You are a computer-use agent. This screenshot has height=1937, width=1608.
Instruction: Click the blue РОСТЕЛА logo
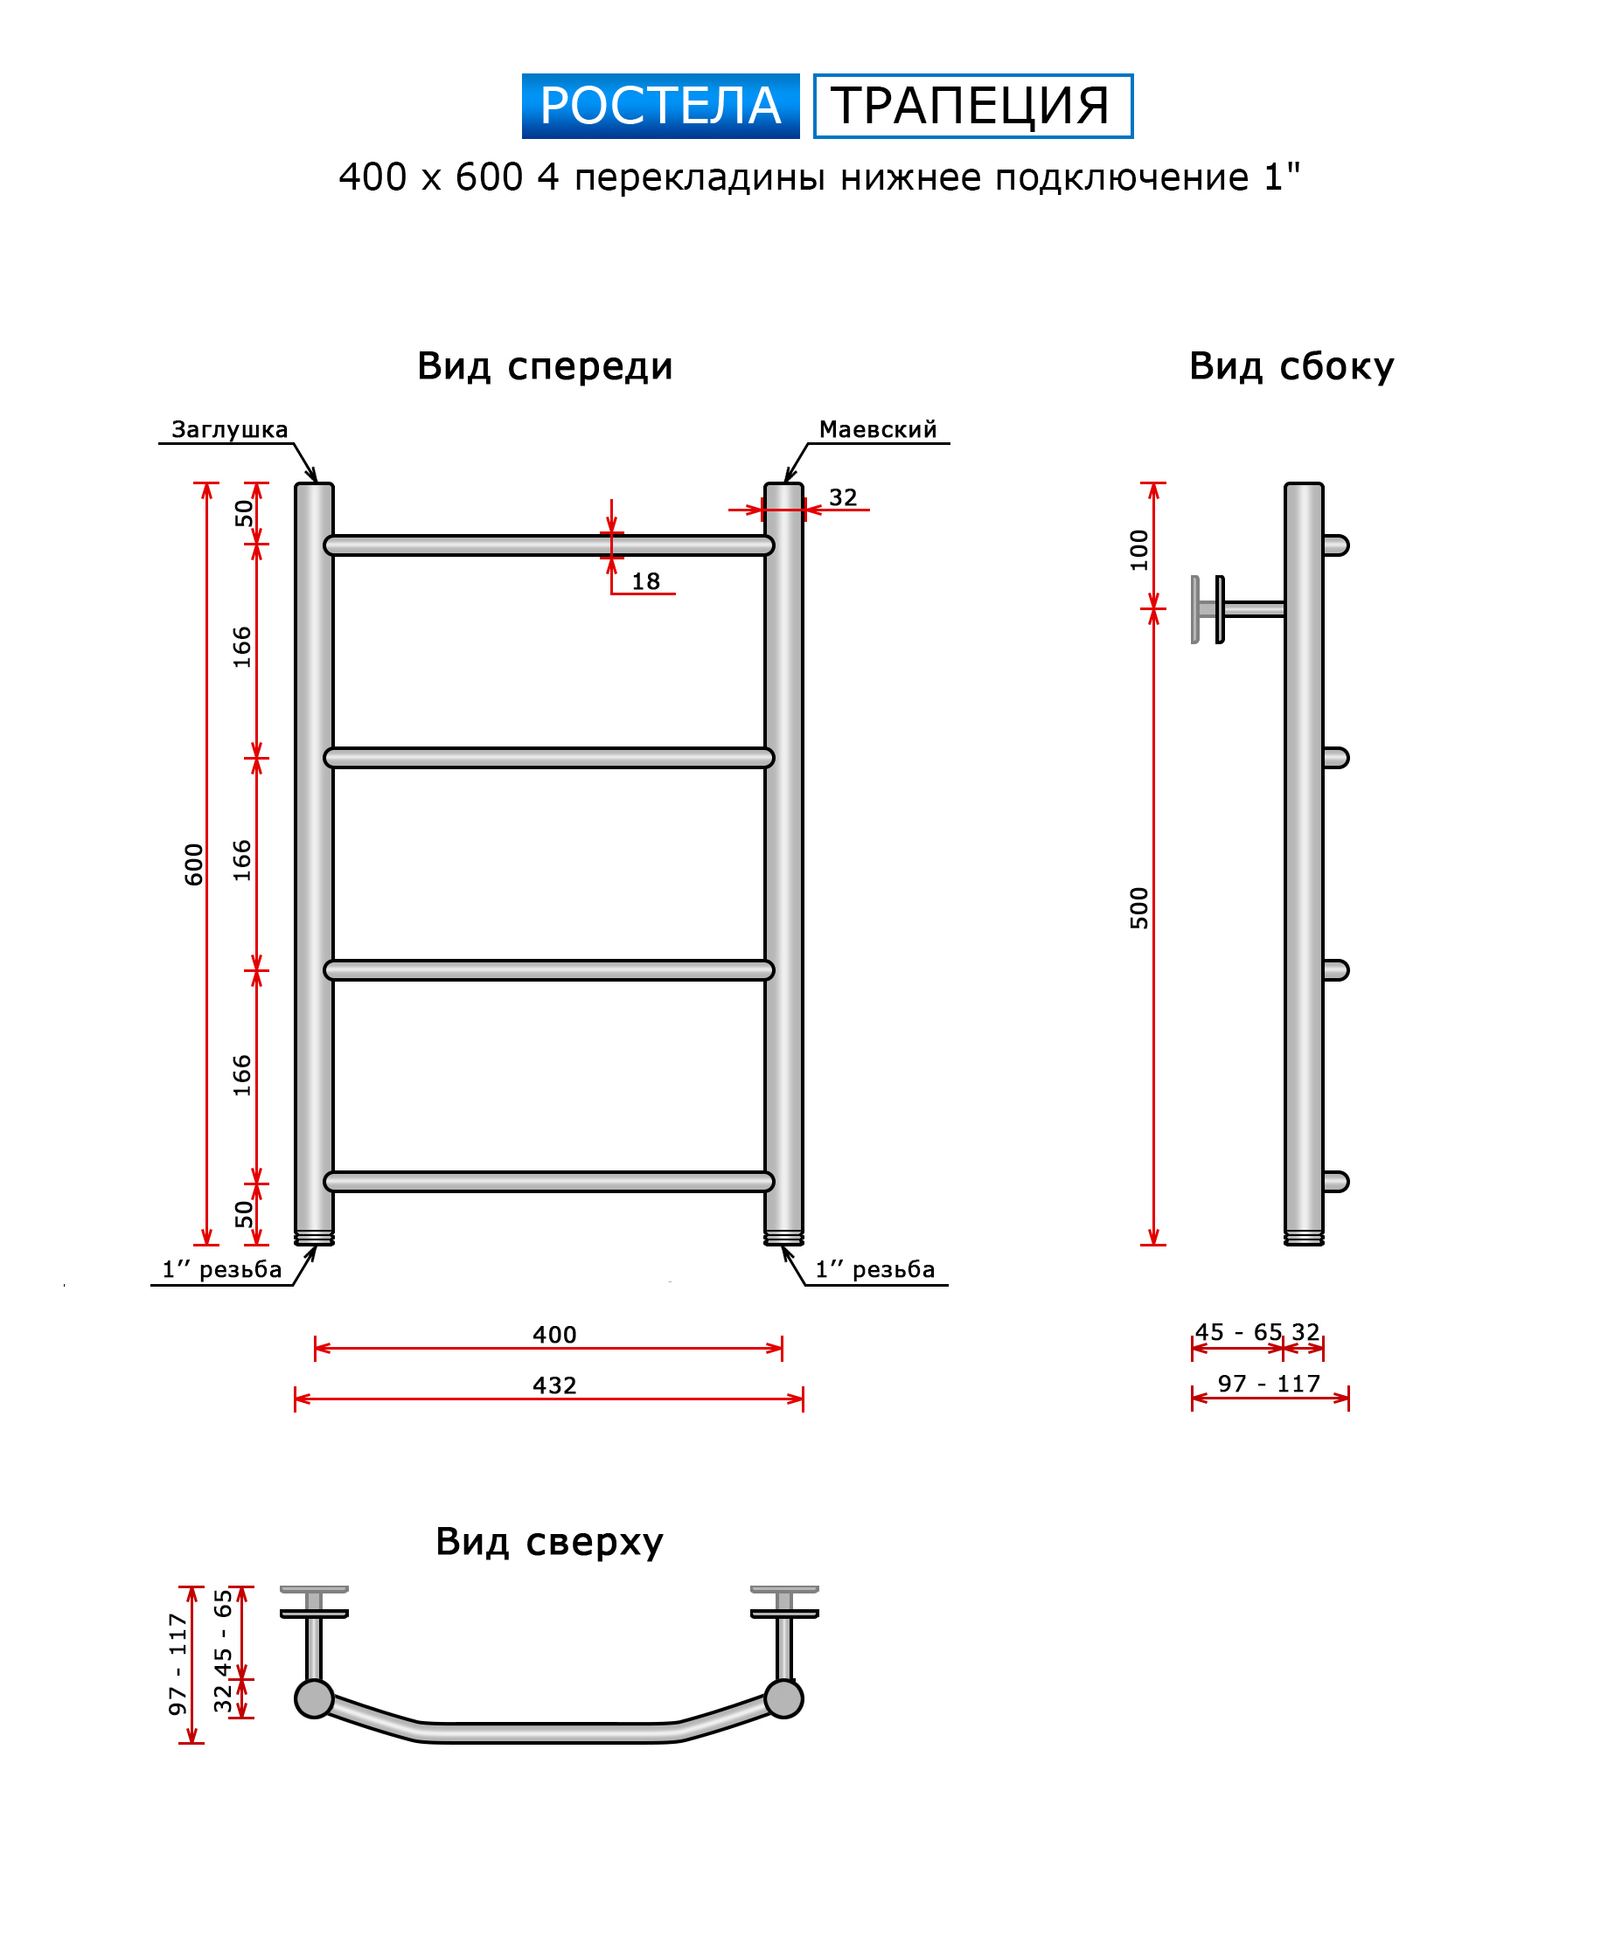click(659, 106)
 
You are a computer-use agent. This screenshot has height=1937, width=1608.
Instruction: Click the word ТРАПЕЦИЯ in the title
click(971, 106)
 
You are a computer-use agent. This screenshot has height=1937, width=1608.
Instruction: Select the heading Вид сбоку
click(1291, 366)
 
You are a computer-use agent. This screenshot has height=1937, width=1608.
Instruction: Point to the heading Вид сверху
click(549, 1540)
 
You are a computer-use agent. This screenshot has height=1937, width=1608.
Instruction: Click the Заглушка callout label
click(230, 430)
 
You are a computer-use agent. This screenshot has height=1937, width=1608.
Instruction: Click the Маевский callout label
click(877, 429)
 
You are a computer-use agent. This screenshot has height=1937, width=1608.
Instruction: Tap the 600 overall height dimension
click(194, 864)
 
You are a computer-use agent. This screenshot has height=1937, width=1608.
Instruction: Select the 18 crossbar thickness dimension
click(646, 581)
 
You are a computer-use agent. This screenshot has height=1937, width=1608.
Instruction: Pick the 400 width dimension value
click(554, 1335)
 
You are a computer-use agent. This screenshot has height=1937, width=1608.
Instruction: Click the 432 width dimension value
click(554, 1385)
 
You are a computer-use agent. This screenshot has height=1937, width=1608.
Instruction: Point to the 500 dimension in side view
click(1139, 907)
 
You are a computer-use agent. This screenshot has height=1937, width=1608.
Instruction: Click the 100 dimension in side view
click(1139, 550)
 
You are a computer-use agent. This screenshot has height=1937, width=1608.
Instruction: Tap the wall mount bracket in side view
click(1237, 608)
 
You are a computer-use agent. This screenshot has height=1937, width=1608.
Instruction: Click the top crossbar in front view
click(549, 545)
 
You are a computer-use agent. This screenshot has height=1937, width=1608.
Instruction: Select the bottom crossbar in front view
click(549, 1182)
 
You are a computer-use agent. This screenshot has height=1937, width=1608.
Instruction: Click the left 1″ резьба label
click(222, 1270)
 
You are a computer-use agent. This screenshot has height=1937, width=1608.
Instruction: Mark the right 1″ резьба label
click(874, 1270)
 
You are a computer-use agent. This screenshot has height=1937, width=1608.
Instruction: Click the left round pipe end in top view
click(314, 1698)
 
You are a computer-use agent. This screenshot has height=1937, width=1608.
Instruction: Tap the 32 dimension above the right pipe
click(843, 497)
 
